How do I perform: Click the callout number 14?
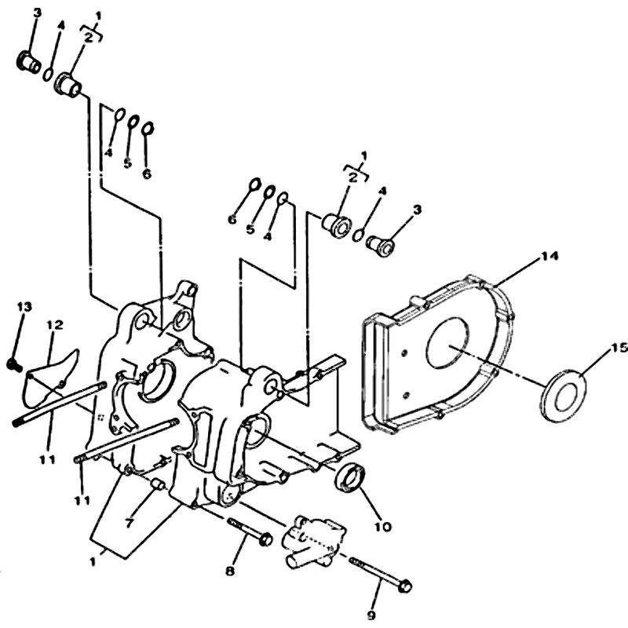click(549, 256)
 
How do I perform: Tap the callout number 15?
click(619, 348)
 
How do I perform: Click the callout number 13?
click(24, 307)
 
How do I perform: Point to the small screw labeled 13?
click(13, 364)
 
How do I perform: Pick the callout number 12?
click(55, 325)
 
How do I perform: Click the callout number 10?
click(382, 527)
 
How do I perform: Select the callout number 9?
click(371, 615)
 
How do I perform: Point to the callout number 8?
click(230, 571)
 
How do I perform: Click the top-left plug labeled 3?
click(28, 62)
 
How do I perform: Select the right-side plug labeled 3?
click(381, 245)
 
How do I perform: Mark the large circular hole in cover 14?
click(447, 343)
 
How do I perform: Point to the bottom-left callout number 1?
click(93, 562)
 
